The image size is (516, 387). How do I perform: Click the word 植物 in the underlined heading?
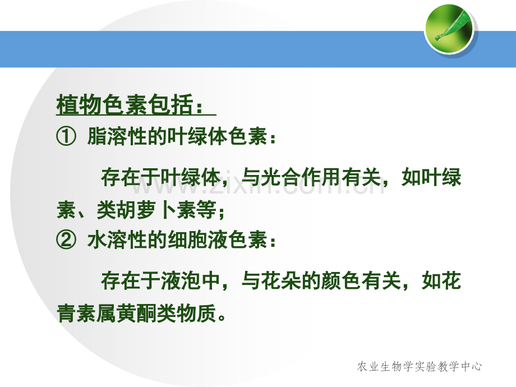click(x=79, y=104)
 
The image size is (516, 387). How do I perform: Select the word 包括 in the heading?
click(x=171, y=104)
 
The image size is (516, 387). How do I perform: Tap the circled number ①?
click(x=66, y=136)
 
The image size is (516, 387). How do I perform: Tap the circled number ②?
click(x=66, y=239)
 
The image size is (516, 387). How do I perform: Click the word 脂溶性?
click(x=117, y=136)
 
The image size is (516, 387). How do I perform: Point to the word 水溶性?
click(x=117, y=239)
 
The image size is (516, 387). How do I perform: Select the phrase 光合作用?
click(x=301, y=177)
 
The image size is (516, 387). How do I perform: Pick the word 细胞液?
click(x=197, y=239)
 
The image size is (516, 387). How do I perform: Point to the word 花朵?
click(x=282, y=280)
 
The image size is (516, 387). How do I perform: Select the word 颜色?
click(x=342, y=280)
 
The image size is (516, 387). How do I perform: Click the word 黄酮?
click(x=137, y=312)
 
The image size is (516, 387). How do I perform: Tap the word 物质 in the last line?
click(x=196, y=312)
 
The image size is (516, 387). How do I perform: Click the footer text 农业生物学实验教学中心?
click(x=420, y=366)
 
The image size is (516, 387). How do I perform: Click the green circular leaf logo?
click(x=449, y=29)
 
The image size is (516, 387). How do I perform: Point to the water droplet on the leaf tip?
click(x=439, y=38)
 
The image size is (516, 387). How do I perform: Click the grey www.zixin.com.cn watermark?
click(x=259, y=186)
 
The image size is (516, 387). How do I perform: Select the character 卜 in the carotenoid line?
click(x=167, y=210)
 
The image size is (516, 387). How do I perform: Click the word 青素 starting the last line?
click(x=77, y=312)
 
